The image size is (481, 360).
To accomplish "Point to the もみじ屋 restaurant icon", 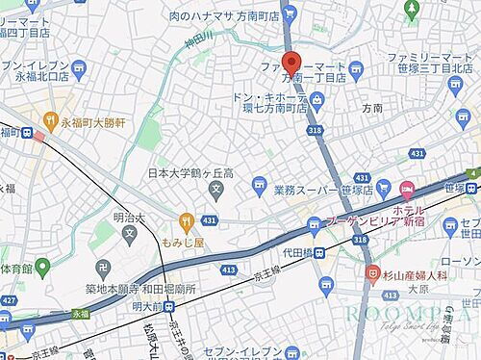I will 187,220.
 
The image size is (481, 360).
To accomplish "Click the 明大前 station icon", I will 169,307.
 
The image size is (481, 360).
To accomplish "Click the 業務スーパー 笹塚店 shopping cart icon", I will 257,184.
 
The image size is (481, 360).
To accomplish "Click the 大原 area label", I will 418,287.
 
